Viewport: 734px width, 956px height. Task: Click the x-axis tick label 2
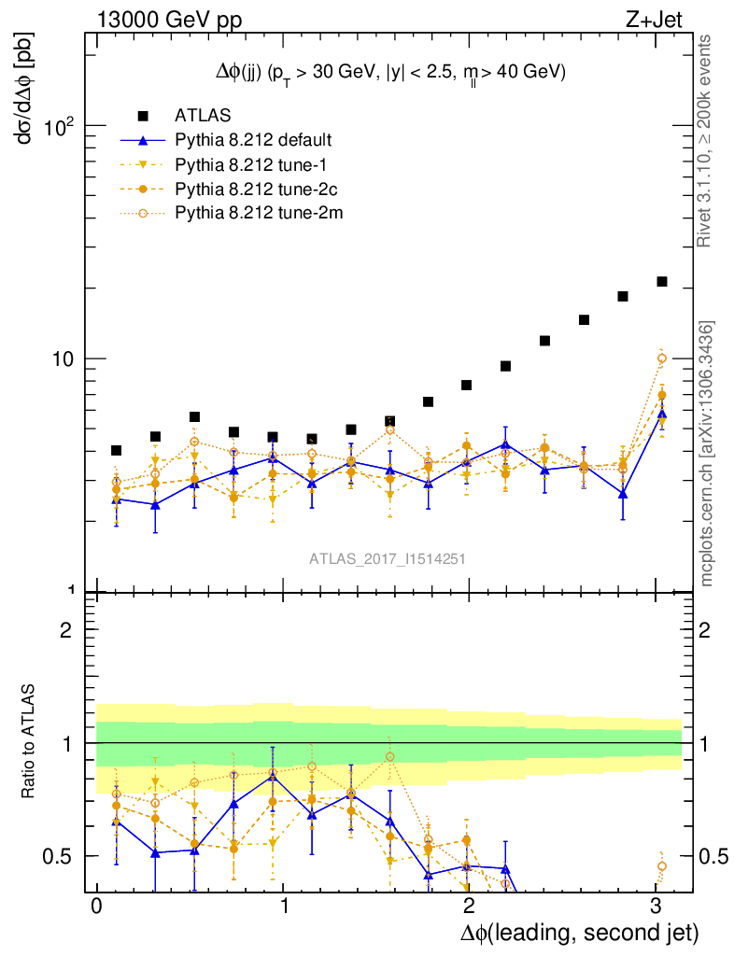point(469,908)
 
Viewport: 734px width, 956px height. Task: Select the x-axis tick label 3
point(656,908)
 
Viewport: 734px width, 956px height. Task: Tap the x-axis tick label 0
point(96,908)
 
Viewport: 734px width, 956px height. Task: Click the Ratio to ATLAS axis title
point(29,742)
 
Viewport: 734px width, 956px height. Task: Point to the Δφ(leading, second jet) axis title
point(579,933)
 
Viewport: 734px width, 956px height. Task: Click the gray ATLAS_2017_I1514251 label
point(388,558)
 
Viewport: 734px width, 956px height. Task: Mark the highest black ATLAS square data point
point(662,281)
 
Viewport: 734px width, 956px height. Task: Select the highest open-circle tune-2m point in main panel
point(662,358)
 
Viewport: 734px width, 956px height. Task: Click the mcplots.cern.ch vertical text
point(708,453)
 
